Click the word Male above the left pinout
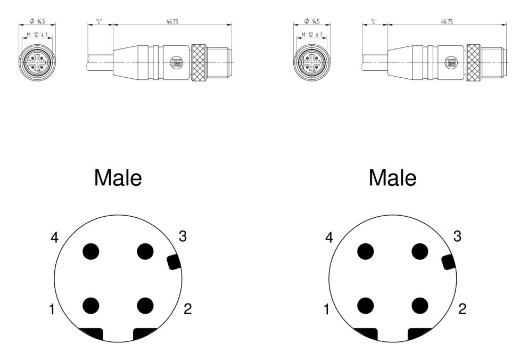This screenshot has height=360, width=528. point(118,177)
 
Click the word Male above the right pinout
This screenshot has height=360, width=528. point(393,177)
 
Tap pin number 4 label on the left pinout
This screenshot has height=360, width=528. point(54,238)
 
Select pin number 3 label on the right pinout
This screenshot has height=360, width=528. point(457,236)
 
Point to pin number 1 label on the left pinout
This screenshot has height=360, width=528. point(52,309)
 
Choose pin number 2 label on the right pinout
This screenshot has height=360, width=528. point(463,309)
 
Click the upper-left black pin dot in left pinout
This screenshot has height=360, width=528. point(91,251)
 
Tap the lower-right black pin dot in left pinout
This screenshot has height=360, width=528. point(145,306)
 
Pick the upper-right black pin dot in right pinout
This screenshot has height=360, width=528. point(420,251)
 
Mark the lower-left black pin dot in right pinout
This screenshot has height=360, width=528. point(365,306)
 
